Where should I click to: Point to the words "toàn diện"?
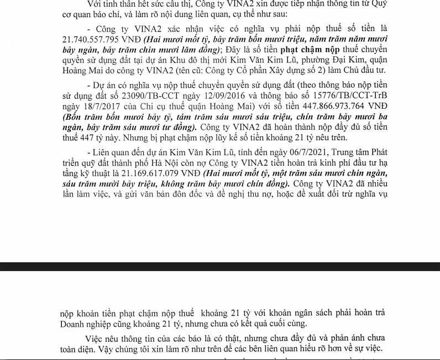(x=79, y=348)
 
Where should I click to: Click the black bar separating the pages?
(x=220, y=266)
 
